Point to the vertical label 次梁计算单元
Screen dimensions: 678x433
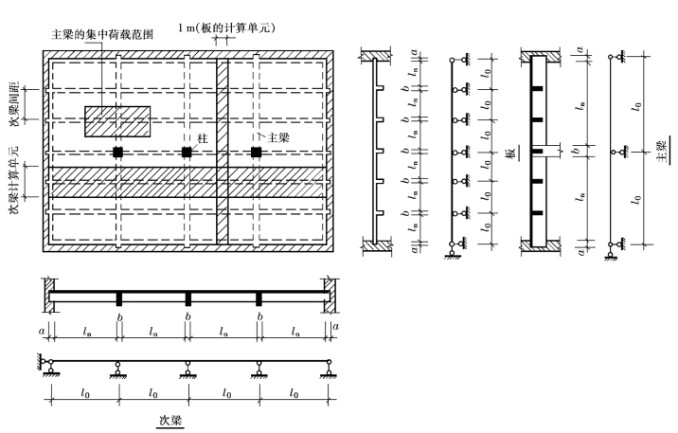14,165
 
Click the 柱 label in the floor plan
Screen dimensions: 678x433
202,138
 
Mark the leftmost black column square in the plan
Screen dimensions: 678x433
116,152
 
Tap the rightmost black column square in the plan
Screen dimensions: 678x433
256,152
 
